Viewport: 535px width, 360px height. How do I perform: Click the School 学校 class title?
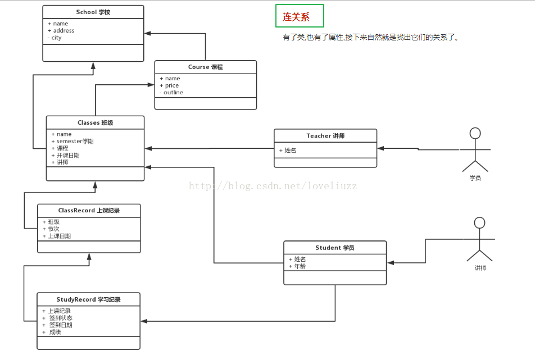pos(93,12)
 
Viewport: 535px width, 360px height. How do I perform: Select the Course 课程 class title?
pos(205,67)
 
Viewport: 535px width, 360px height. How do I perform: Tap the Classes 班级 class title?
pos(95,122)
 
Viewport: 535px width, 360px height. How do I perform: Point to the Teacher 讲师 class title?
pos(325,136)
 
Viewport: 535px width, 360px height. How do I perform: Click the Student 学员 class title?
pos(334,248)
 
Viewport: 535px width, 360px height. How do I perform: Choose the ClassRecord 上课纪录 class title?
pos(89,211)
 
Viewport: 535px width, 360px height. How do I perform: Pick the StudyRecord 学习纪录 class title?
pos(88,300)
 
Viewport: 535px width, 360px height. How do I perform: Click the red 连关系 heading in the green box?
pos(296,17)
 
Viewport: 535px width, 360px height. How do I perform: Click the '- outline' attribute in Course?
pos(171,93)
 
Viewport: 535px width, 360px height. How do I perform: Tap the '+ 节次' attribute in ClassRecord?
pos(51,229)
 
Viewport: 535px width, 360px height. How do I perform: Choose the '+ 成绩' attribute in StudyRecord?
pos(52,332)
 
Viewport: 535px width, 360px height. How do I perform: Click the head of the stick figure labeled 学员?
pos(475,133)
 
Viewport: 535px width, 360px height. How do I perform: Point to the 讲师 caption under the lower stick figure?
pos(480,268)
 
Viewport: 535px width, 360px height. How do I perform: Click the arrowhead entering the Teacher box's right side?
pos(380,148)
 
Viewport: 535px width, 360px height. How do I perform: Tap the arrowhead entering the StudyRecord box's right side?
pos(144,321)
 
